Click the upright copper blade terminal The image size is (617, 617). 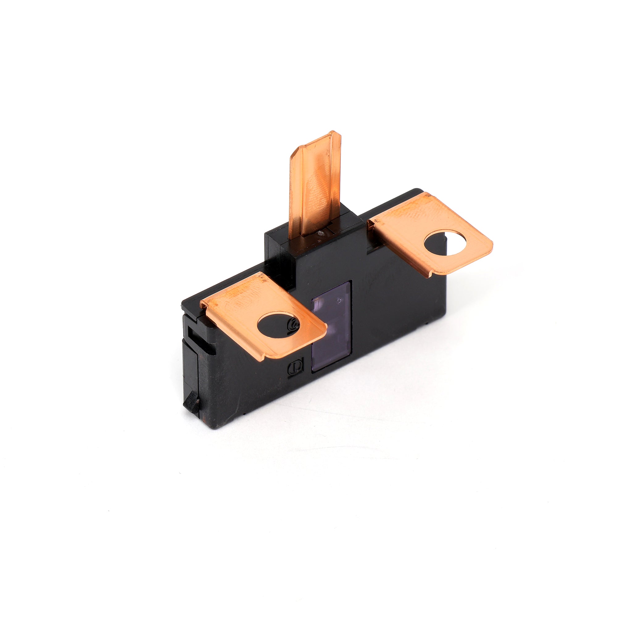(315, 188)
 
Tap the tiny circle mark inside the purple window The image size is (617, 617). (339, 300)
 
